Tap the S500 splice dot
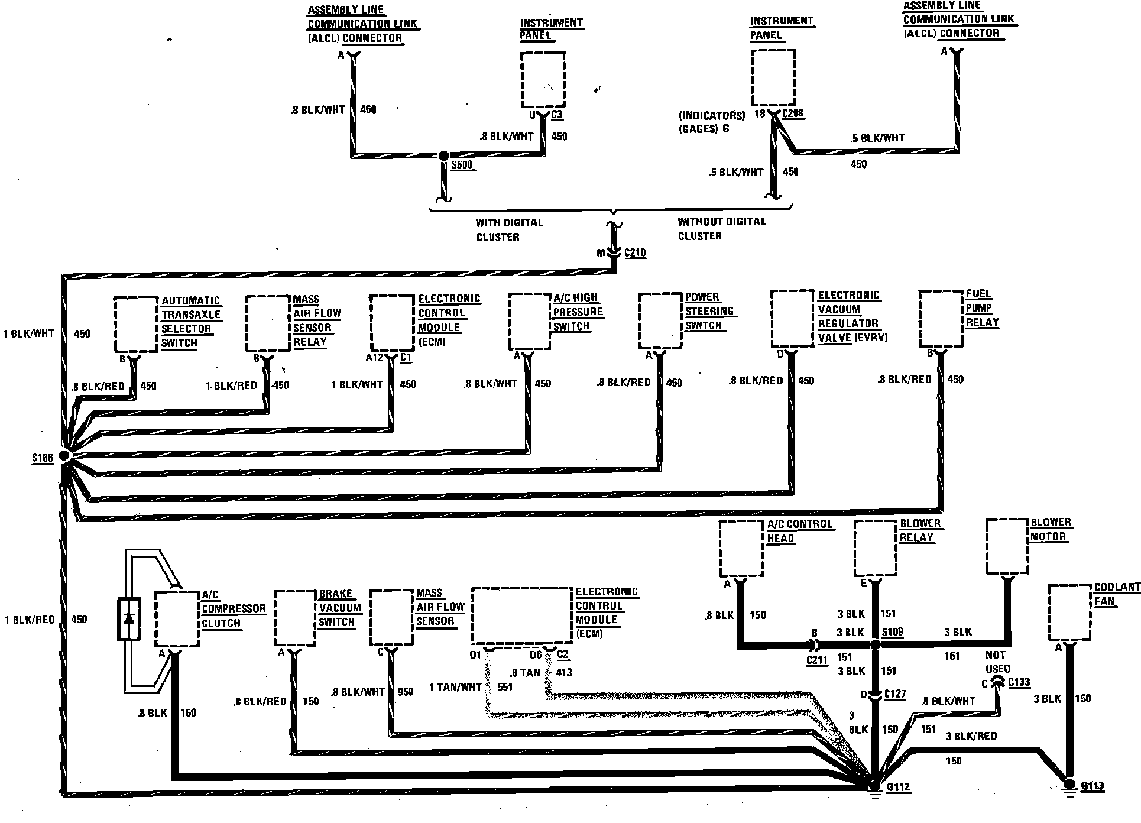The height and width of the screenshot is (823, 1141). (443, 155)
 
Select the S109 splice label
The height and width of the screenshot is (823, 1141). (893, 632)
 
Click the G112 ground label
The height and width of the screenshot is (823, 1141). (897, 788)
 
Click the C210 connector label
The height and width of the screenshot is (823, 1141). (635, 253)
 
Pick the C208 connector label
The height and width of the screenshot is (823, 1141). (793, 113)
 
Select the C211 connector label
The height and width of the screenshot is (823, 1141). (816, 660)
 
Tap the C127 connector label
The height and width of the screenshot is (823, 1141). (895, 694)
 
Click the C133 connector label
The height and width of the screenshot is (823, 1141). (1019, 682)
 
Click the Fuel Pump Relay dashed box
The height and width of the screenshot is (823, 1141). (941, 318)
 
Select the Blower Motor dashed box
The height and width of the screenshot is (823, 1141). (1007, 546)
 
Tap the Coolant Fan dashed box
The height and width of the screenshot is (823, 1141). (1069, 612)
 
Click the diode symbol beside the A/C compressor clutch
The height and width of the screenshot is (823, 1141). (129, 619)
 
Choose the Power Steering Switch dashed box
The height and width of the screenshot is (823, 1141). (660, 320)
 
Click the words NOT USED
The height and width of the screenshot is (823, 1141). (998, 662)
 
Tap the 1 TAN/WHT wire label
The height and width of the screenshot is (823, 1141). (455, 688)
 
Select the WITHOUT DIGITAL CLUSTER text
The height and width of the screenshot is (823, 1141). (722, 229)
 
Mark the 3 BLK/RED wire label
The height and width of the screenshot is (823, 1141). (971, 736)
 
